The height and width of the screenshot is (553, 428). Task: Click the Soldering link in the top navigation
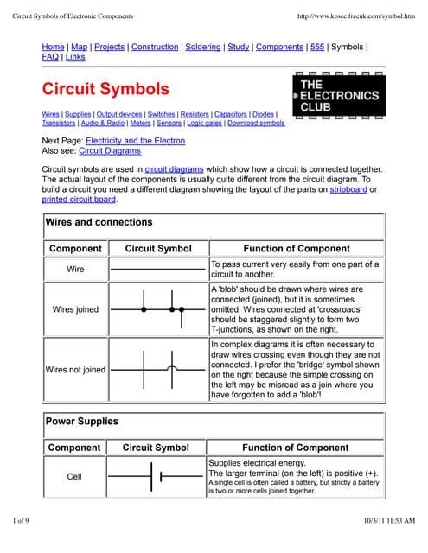(205, 47)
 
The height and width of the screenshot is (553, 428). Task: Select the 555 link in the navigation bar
(317, 47)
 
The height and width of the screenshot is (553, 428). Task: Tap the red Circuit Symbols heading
(105, 89)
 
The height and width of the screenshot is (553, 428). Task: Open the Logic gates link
(203, 124)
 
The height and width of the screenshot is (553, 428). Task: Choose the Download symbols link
(256, 124)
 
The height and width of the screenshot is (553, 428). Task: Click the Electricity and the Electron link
(135, 141)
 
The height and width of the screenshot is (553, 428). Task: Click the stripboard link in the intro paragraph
(348, 189)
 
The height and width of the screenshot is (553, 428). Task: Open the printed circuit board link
(79, 200)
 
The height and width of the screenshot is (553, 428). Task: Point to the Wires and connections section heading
(99, 222)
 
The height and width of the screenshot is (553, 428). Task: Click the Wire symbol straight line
(158, 270)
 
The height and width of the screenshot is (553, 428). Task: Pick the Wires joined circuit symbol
(158, 308)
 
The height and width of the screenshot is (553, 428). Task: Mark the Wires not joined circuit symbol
(158, 369)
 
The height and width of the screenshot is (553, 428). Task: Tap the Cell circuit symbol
(156, 476)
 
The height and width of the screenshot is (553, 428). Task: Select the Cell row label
(74, 476)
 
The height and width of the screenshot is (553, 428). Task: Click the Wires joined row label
(76, 308)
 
